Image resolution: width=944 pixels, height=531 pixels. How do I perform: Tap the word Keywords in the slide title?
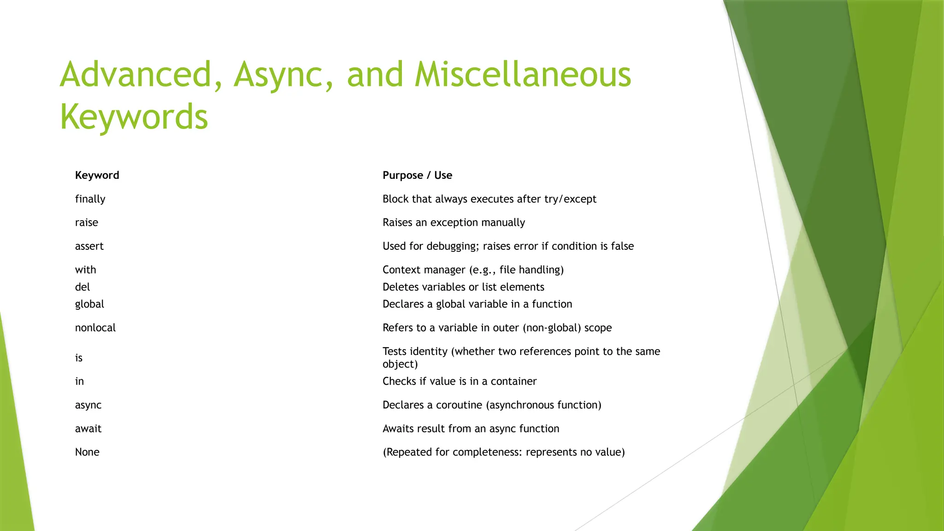click(x=134, y=117)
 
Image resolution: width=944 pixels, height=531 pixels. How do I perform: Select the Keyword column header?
click(x=97, y=175)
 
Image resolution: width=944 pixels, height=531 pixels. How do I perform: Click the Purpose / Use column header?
click(x=417, y=175)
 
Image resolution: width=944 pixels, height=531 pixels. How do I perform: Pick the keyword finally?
click(x=90, y=199)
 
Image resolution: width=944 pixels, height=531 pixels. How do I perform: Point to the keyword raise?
click(x=86, y=223)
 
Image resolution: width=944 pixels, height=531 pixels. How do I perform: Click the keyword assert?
click(x=89, y=246)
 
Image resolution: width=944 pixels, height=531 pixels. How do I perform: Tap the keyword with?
click(x=85, y=270)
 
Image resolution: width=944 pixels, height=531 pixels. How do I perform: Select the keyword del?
click(x=82, y=287)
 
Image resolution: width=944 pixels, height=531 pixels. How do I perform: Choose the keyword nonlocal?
click(x=95, y=328)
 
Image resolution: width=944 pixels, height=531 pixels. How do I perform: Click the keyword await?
click(x=88, y=429)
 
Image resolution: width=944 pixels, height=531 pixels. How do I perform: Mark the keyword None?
click(x=87, y=452)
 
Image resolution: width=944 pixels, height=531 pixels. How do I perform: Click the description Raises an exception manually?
click(x=454, y=223)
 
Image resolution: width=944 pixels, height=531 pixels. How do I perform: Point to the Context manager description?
click(x=473, y=270)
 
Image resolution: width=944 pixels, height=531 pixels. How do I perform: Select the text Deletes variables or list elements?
click(x=463, y=287)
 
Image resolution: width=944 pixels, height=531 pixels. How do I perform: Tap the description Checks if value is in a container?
click(x=460, y=381)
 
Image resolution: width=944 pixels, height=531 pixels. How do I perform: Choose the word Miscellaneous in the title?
click(x=522, y=75)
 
